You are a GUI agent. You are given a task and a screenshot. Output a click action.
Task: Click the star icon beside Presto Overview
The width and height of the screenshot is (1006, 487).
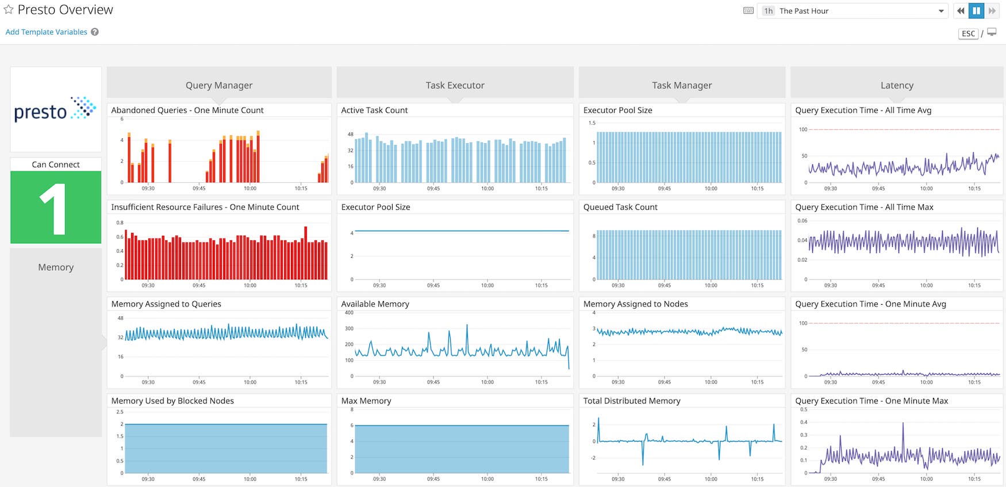tap(9, 10)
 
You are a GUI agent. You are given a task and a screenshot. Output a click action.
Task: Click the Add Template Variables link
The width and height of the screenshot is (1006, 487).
tap(46, 32)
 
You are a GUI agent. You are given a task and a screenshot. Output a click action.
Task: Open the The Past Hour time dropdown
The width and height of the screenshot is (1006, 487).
tap(854, 11)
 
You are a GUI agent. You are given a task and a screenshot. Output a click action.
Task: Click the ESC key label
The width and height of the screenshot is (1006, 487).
tap(968, 34)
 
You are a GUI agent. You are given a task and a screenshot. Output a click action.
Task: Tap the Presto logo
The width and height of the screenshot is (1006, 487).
tap(55, 109)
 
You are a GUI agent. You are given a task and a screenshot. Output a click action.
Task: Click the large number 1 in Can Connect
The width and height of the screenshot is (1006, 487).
tap(54, 209)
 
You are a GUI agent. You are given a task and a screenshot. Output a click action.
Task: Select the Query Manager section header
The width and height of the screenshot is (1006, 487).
tap(219, 85)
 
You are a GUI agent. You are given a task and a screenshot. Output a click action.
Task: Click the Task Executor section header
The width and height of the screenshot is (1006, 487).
tap(455, 85)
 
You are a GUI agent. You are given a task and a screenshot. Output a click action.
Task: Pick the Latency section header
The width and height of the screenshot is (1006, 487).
tap(896, 85)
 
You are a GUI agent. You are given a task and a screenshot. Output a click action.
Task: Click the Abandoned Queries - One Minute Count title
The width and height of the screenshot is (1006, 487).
tap(187, 110)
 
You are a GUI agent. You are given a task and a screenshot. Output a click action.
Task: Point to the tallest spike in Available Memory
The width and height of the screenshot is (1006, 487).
tap(467, 326)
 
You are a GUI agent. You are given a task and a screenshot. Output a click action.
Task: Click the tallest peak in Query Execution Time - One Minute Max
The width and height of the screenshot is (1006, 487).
tap(903, 424)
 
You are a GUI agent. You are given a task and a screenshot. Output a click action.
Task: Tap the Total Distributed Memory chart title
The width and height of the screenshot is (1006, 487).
tap(631, 401)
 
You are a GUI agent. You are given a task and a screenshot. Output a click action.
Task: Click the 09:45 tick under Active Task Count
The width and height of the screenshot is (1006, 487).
tap(433, 189)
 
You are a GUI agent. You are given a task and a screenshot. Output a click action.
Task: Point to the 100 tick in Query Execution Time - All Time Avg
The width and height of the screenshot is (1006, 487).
tap(803, 129)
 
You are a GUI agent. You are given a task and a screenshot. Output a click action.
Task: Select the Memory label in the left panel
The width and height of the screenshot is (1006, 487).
tap(56, 267)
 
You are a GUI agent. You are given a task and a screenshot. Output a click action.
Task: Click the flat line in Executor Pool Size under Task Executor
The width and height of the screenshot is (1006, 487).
tap(462, 231)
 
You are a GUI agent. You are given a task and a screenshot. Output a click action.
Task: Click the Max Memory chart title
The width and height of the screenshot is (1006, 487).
tap(366, 401)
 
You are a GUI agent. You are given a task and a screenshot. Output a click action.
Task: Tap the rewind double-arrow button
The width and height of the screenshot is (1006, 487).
tap(960, 11)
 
